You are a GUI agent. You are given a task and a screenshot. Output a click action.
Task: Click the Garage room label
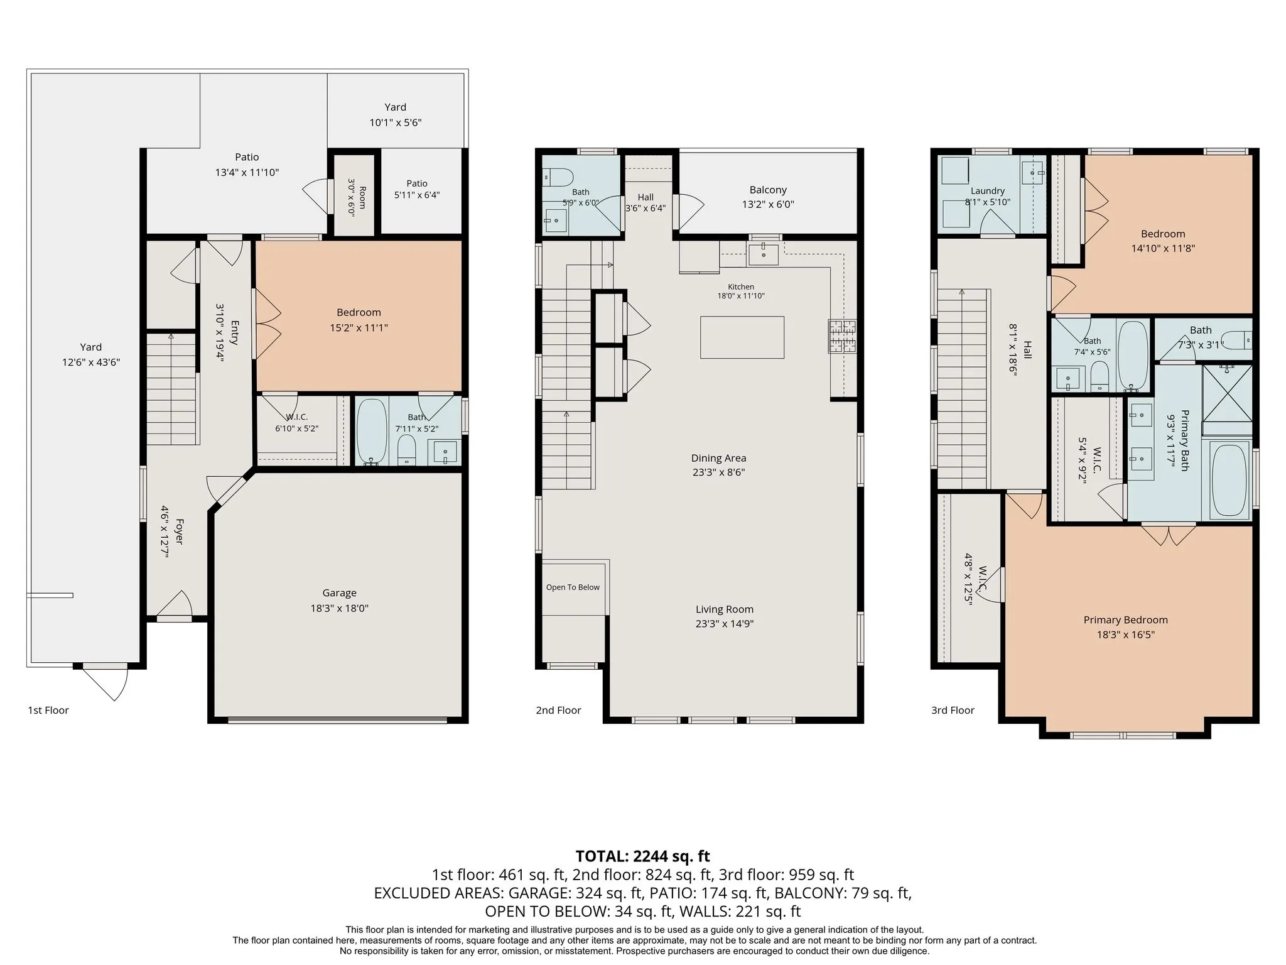click(339, 592)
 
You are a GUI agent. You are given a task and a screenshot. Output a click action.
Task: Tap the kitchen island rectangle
click(742, 337)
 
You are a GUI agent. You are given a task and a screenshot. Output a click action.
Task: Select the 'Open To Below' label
click(573, 587)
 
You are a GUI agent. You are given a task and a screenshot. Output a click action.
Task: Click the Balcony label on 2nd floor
click(768, 190)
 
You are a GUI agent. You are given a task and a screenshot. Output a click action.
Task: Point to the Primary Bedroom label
click(1126, 620)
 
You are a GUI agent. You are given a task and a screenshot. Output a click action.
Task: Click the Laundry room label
click(988, 191)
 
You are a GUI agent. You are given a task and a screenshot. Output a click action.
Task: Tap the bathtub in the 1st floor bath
click(372, 430)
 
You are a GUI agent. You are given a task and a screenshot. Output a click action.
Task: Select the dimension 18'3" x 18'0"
click(339, 608)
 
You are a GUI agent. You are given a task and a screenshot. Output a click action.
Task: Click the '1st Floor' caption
click(48, 710)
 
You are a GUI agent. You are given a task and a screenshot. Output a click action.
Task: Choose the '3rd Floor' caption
click(953, 710)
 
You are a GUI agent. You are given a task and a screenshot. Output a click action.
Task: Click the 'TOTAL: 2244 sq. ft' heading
click(643, 856)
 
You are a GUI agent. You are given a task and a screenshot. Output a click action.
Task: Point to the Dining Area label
click(719, 458)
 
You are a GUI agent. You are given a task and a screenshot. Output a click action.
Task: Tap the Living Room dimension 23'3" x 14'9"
click(725, 624)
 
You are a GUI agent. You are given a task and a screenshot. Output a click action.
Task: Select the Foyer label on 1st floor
click(179, 532)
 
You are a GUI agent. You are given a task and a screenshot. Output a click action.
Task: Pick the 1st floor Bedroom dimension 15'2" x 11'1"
click(359, 327)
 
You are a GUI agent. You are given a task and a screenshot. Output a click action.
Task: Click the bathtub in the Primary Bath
click(1229, 481)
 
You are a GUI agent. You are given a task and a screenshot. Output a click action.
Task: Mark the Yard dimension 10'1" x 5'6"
click(396, 123)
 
